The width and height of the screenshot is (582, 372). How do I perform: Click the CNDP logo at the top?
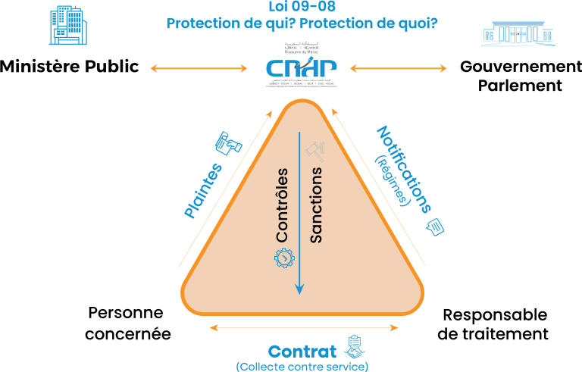(x=301, y=67)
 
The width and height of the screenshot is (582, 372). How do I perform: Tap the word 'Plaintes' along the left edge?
(x=203, y=191)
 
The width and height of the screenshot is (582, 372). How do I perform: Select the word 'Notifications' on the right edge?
(x=404, y=169)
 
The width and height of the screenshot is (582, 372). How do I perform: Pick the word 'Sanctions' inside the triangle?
(x=317, y=205)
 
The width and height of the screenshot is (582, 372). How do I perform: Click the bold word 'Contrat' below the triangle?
(x=302, y=352)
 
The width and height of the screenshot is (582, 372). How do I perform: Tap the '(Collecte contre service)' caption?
(x=302, y=367)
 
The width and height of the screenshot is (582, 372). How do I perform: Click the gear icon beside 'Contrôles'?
(x=283, y=258)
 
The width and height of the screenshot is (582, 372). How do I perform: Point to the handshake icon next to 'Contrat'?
(x=354, y=347)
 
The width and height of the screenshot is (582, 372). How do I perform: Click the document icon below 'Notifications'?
(x=436, y=227)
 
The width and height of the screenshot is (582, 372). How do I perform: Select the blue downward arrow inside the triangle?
(x=300, y=212)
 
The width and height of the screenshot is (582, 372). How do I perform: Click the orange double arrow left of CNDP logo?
(x=199, y=69)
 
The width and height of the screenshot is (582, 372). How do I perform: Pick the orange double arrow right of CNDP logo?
(x=399, y=69)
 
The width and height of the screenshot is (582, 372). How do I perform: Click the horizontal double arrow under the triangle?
(x=303, y=328)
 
